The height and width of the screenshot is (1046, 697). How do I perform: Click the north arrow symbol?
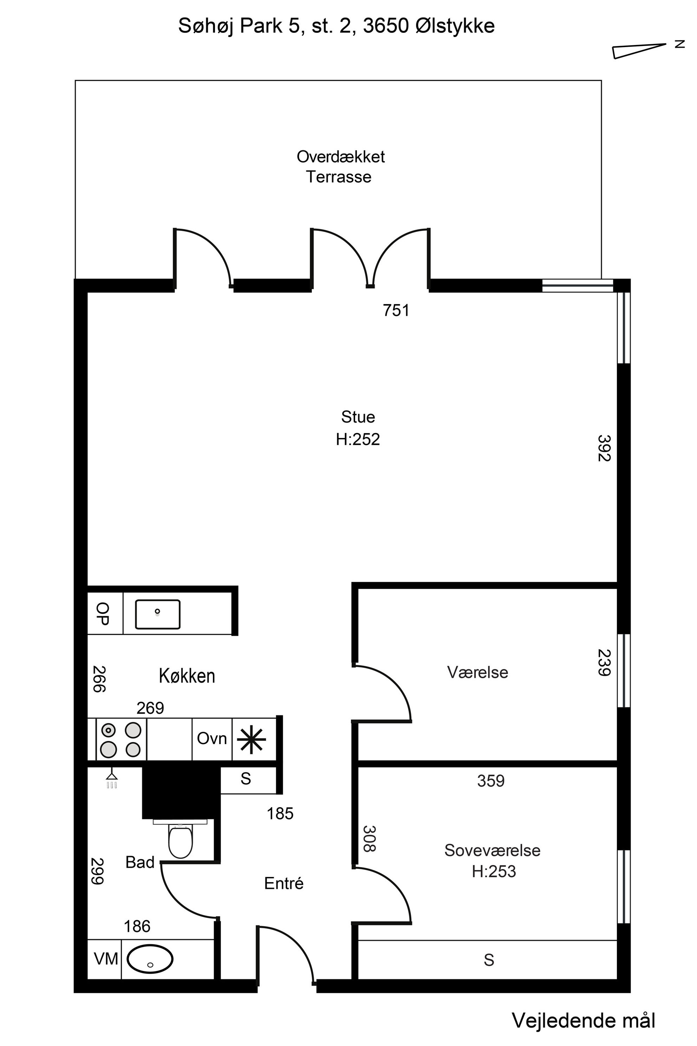point(639,51)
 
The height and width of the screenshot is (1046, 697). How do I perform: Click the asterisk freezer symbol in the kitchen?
point(251,739)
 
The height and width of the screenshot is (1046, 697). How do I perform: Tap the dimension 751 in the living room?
point(396,310)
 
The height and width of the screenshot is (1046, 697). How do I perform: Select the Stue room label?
point(358,417)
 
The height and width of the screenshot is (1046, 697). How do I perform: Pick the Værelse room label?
point(477,672)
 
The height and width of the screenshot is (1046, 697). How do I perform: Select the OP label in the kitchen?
point(103,614)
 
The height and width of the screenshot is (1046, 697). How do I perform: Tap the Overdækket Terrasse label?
point(340,167)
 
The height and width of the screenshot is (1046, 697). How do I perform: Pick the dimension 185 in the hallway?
point(280,814)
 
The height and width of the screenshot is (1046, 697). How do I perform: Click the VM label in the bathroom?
point(106,958)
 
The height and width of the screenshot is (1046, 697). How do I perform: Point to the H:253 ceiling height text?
point(494,871)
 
